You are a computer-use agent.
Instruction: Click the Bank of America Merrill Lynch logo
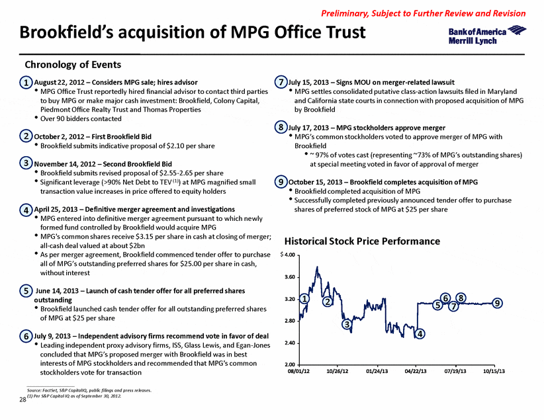pos(487,35)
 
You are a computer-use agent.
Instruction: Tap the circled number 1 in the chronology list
pos(26,83)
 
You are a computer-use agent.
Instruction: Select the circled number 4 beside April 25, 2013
pos(26,210)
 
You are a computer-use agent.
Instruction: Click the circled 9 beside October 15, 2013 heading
pos(281,182)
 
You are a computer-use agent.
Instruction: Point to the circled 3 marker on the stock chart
pos(347,324)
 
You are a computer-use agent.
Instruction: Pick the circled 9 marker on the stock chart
pos(497,303)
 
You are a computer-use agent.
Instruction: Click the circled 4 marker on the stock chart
pos(420,334)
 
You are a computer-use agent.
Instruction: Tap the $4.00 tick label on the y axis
pos(288,255)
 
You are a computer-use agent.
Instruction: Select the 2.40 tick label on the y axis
pos(290,343)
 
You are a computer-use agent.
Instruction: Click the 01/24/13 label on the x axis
pos(377,371)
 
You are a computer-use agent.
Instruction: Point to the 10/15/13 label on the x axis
pos(494,371)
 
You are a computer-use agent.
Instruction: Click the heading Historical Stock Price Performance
pos(362,241)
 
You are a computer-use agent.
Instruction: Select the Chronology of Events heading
pos(73,65)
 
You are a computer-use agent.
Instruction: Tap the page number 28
pos(23,400)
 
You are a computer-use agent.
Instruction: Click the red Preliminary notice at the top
pos(424,13)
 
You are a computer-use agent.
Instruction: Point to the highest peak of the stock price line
pos(317,267)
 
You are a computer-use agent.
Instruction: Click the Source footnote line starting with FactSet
pos(89,390)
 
